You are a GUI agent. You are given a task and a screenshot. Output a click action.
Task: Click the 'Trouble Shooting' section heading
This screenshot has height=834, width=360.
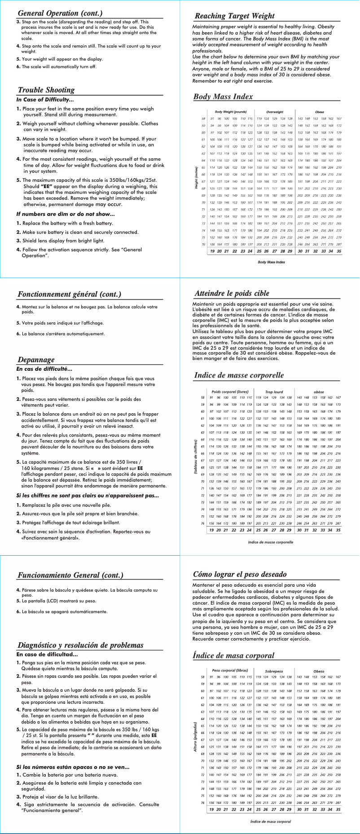(x=46, y=90)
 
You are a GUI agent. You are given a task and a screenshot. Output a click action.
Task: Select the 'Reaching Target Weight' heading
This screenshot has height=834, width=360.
(x=234, y=16)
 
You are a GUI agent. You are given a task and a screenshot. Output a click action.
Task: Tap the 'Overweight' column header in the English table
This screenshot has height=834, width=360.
(x=275, y=112)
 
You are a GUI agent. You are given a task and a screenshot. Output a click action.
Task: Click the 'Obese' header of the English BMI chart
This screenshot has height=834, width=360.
(x=320, y=112)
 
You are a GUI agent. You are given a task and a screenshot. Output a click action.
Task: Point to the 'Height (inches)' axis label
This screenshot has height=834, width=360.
(x=197, y=177)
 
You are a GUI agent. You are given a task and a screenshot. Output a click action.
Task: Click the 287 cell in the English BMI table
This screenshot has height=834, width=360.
(x=339, y=245)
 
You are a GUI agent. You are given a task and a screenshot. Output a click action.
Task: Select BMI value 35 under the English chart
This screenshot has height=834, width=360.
(x=338, y=251)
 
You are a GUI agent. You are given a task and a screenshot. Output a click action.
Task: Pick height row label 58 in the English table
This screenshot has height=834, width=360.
(x=203, y=119)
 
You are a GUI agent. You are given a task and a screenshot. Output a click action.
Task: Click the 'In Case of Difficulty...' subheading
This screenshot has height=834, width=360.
(x=45, y=100)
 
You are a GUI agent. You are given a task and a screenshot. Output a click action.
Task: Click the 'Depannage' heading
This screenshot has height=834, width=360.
(x=36, y=360)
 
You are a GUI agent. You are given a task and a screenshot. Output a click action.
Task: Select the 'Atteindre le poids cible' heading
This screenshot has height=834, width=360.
(x=232, y=293)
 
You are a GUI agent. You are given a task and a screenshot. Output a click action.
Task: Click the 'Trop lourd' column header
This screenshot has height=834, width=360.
(x=274, y=392)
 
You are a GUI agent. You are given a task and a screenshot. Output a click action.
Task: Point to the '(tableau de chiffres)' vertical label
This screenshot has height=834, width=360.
(x=196, y=457)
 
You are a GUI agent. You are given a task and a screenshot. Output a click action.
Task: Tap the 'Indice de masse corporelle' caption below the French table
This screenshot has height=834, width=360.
(x=271, y=542)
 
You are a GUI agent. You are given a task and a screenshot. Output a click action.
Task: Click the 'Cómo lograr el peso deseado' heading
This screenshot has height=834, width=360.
(x=240, y=574)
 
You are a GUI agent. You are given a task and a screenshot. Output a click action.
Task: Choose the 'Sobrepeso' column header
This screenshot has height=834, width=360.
(x=274, y=671)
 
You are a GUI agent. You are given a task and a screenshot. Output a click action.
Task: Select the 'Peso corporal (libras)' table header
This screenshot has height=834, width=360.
(x=230, y=671)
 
